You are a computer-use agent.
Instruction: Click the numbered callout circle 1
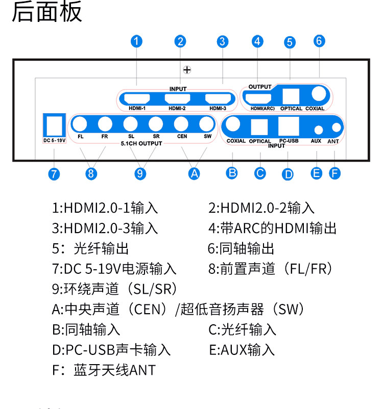point(136,41)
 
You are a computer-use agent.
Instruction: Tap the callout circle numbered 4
point(257,41)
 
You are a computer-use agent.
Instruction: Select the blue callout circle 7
point(54,174)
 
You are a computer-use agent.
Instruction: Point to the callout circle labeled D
point(289,174)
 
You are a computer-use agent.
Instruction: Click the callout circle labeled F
point(335,173)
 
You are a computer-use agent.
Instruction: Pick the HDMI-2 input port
point(178,99)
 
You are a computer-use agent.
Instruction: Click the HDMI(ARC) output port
point(260,96)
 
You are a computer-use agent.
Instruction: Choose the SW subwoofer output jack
point(206,124)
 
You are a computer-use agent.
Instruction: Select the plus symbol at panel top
point(187,69)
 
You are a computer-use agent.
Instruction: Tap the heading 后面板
point(47,12)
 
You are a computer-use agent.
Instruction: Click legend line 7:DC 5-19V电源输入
point(114,269)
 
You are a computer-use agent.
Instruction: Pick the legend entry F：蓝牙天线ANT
point(104,370)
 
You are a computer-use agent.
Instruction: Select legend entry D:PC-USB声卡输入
point(111,350)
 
